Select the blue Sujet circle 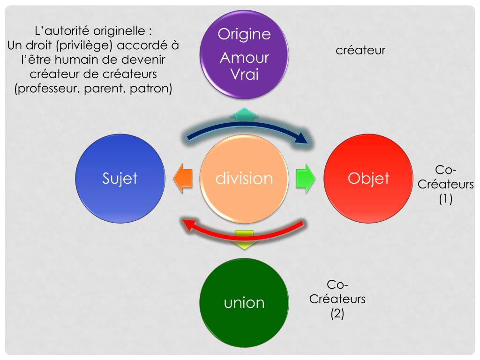click(120, 178)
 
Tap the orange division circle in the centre click(244, 178)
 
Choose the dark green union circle click(244, 302)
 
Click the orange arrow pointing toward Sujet click(182, 178)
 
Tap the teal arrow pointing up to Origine click(244, 114)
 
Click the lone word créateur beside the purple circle click(360, 50)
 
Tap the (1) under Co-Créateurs click(445, 199)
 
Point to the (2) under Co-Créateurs click(337, 313)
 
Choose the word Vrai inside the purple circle click(244, 74)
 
